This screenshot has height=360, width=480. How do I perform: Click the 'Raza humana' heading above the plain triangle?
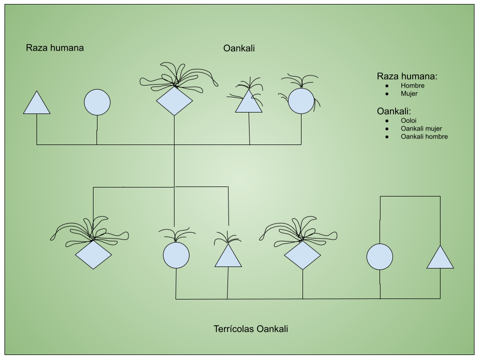click(x=54, y=48)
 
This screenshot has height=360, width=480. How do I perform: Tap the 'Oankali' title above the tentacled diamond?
click(x=239, y=48)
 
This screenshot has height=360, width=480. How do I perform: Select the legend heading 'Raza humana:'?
click(x=407, y=76)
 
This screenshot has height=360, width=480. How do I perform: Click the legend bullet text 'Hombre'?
click(x=412, y=85)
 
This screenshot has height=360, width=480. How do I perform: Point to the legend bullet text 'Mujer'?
click(x=409, y=93)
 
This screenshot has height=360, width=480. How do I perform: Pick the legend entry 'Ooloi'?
click(x=408, y=120)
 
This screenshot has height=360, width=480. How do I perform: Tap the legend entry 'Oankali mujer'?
click(x=421, y=128)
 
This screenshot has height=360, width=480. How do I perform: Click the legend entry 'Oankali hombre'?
click(x=424, y=136)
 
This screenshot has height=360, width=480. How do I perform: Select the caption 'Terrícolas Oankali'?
click(x=250, y=329)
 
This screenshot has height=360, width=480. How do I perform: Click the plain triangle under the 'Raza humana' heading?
click(x=36, y=104)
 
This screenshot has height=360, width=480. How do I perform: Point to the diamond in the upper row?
click(x=174, y=101)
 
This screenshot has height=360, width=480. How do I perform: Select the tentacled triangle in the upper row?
click(x=249, y=102)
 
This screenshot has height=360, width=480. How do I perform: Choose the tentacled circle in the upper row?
click(x=301, y=100)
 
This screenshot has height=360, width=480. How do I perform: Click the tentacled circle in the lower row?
click(x=176, y=255)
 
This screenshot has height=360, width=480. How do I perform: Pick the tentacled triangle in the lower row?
click(x=228, y=257)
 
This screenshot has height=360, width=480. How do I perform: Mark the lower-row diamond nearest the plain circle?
click(x=302, y=255)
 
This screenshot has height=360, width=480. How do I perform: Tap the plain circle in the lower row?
click(x=379, y=257)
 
